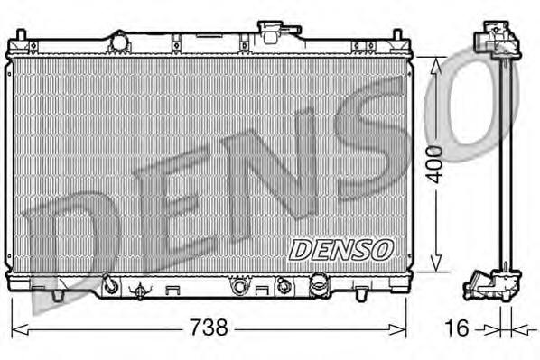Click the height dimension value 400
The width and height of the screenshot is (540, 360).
pyautogui.click(x=435, y=162)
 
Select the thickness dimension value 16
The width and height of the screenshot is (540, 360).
pyautogui.click(x=458, y=328)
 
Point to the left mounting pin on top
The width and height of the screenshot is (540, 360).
pyautogui.click(x=18, y=36)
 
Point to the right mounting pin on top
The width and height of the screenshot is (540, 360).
pyautogui.click(x=396, y=36)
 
